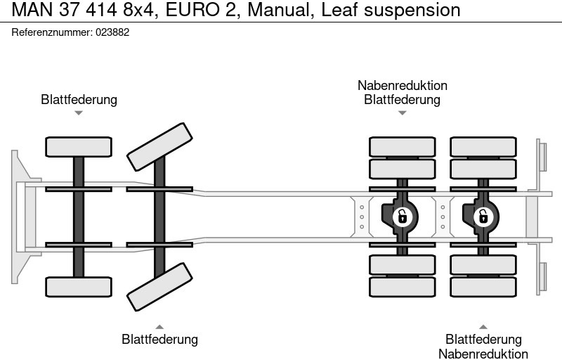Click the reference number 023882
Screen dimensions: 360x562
pos(112,32)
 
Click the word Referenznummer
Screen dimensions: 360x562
pos(52,32)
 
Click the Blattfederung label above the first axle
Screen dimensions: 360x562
pos(79,99)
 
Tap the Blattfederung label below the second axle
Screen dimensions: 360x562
pos(159,340)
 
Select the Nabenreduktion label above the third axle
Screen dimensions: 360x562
pos(402,85)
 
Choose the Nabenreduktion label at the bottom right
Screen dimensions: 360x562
pos(483,354)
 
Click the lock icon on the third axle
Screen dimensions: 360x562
pos(402,215)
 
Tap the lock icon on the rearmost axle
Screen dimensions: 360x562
pos(483,215)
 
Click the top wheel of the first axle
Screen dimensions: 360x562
pos(79,147)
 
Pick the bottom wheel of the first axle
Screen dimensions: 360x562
pos(79,286)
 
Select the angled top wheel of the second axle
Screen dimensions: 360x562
pos(159,147)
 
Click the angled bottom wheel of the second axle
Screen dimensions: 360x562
pos(159,287)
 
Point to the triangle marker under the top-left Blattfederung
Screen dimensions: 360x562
pos(79,112)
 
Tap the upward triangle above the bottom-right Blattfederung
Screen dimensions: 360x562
pos(483,326)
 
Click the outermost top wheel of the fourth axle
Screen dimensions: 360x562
pos(483,147)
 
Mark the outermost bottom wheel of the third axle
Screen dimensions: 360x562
pos(402,287)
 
